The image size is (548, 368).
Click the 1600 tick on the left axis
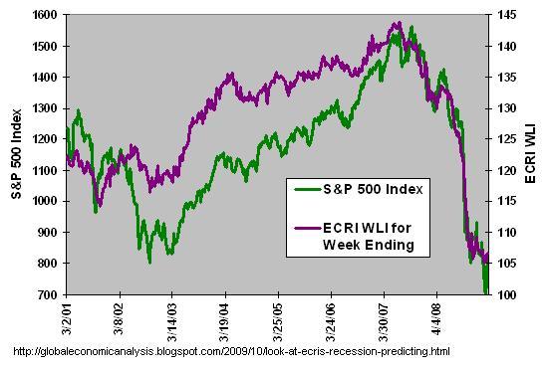click(45, 15)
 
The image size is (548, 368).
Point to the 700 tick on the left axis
click(48, 295)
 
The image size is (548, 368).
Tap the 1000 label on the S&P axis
click(45, 202)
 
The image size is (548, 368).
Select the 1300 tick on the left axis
click(45, 108)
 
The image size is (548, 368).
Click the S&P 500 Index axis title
click(15, 154)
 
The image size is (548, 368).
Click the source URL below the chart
click(230, 351)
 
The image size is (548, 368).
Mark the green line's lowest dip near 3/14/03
click(149, 262)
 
